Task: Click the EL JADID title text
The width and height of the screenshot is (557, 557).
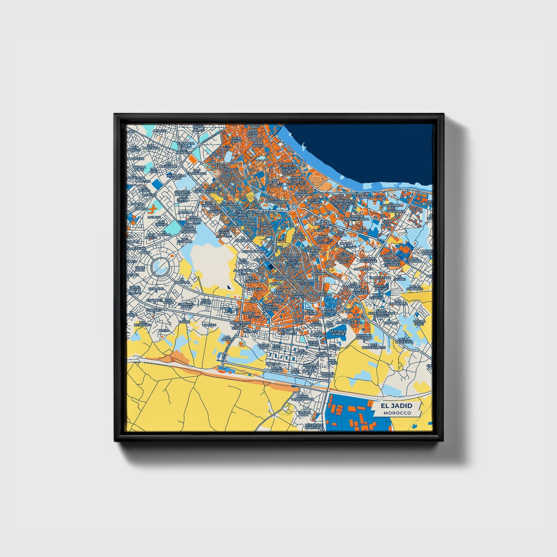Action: pyautogui.click(x=396, y=406)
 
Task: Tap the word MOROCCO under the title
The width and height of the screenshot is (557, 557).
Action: pyautogui.click(x=397, y=413)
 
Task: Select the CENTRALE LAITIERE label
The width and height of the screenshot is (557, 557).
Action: pyautogui.click(x=338, y=332)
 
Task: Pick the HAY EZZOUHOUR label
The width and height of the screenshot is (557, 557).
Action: pyautogui.click(x=197, y=172)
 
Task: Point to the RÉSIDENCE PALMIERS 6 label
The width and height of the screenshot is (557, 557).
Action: pyautogui.click(x=314, y=426)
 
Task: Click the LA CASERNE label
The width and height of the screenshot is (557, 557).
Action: pyautogui.click(x=387, y=254)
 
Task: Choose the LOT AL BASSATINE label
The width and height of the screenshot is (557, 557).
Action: pyautogui.click(x=404, y=340)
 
